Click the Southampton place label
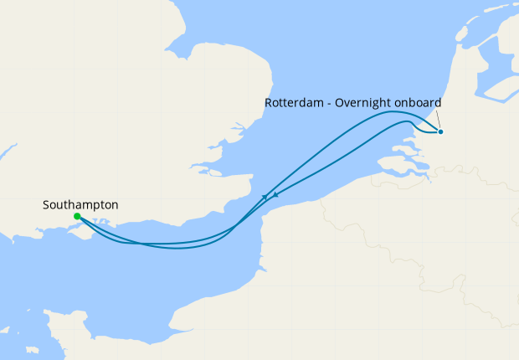pyautogui.click(x=80, y=204)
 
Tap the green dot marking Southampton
pyautogui.click(x=77, y=217)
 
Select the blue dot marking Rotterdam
pyautogui.click(x=440, y=131)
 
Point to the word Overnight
pyautogui.click(x=365, y=103)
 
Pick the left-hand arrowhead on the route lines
pyautogui.click(x=265, y=197)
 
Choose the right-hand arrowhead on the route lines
pyautogui.click(x=275, y=194)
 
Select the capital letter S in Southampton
pyautogui.click(x=46, y=204)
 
